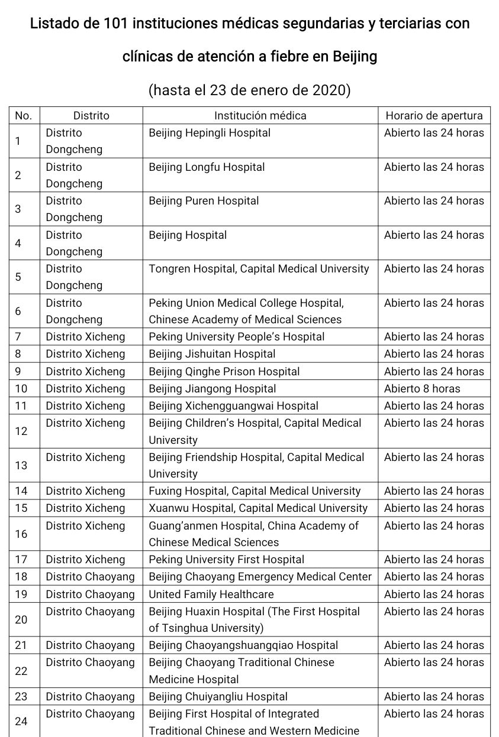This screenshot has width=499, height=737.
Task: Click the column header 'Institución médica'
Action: coord(260,116)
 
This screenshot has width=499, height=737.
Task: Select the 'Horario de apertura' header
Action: coord(434,116)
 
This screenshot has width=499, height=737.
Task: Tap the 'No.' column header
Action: coord(23,116)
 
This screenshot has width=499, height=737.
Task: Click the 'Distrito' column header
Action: coord(91,116)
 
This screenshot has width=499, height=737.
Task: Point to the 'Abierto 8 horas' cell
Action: coord(421,389)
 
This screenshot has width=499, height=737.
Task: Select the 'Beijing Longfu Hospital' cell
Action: coord(207,167)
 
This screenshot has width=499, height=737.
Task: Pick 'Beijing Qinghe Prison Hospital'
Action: coord(224,372)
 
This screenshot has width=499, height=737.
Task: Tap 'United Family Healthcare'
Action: coord(211,595)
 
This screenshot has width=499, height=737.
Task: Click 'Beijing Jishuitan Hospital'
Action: coord(212,354)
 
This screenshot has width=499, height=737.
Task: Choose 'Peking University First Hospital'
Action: coord(226,560)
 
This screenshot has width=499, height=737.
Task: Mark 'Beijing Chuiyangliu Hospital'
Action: coord(218,697)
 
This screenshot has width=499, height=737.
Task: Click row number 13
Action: coord(21,466)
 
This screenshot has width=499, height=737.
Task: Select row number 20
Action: coord(21,620)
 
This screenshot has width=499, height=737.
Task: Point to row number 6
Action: coord(18,311)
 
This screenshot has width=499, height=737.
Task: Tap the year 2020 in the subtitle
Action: coord(329,90)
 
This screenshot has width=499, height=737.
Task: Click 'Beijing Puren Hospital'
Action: coord(204,201)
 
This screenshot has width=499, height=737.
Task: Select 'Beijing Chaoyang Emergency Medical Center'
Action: coord(260,577)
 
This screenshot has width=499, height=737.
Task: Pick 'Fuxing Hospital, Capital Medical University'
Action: coord(255,491)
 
